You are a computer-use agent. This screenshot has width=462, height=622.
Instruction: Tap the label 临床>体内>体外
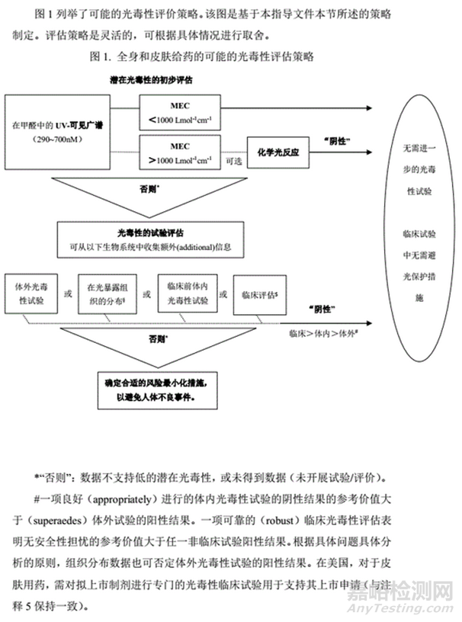coord(321,333)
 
